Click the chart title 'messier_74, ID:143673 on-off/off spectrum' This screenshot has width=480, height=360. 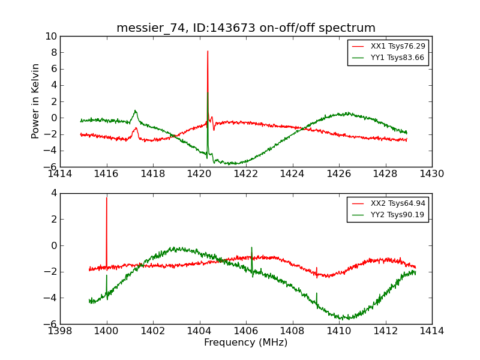(x=246, y=28)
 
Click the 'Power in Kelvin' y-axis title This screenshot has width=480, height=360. (x=36, y=101)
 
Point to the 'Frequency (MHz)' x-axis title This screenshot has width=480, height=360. (x=246, y=343)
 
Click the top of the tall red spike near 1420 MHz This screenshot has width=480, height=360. (x=208, y=51)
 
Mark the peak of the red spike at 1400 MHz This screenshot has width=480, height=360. (x=107, y=198)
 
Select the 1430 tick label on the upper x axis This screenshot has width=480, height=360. (x=432, y=174)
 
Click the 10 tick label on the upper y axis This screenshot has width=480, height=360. (x=50, y=36)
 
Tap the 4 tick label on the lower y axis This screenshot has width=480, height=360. (x=53, y=193)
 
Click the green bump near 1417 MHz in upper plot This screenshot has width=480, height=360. (x=136, y=111)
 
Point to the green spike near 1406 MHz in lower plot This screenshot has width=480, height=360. (x=251, y=248)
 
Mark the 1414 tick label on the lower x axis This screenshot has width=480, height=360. (x=432, y=331)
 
